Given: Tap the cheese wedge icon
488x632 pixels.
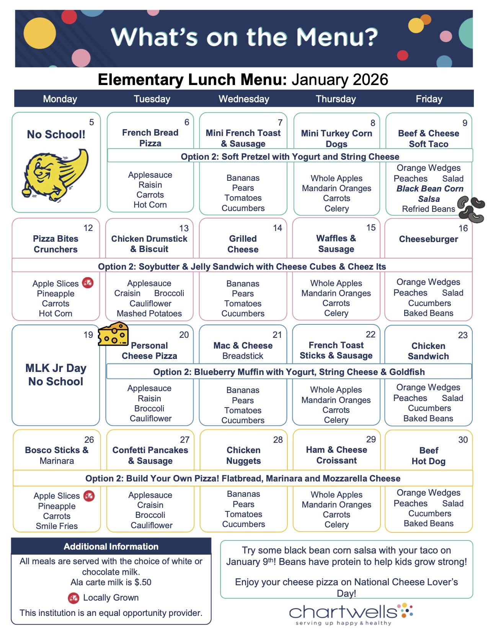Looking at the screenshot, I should pos(113,334).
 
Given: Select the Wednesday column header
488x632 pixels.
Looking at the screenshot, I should pos(244,99).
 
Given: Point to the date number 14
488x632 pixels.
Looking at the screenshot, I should pos(277,228).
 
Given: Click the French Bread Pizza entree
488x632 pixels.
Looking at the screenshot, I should pos(150,138).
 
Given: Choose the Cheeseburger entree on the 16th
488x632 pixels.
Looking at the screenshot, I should pos(428,239).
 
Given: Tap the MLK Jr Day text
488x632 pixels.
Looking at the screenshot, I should pos(56,368).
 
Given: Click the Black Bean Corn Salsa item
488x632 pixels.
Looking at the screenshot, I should pos(429,194).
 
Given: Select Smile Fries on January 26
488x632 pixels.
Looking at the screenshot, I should pos(57,526).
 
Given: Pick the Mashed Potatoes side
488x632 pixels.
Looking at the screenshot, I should pos(149,313).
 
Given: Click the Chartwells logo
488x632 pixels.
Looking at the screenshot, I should pos(350,613).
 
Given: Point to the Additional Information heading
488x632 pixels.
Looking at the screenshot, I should pos(111,547).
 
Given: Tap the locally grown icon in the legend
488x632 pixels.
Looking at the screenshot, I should pos(73,598).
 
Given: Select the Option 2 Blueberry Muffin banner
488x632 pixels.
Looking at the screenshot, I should pos(289,372).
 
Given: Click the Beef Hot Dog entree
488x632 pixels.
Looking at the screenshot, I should pos(429,456).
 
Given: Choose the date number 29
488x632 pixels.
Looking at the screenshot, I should pos(371,439).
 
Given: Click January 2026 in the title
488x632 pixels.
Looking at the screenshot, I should pos(340,80).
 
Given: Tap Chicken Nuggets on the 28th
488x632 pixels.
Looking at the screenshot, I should pos(243,455).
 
